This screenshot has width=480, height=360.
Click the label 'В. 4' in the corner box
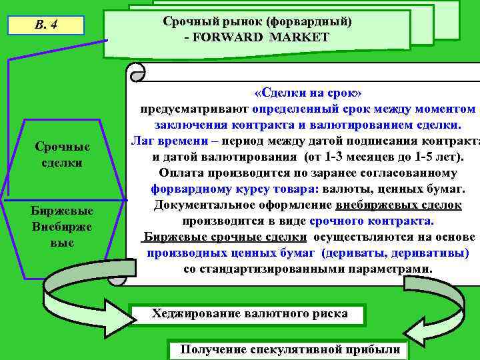tap(46, 26)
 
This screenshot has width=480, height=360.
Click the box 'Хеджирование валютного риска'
tap(249, 313)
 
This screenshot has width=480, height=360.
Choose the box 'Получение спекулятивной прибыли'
tap(290, 349)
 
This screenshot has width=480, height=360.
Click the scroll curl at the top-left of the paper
tap(137, 71)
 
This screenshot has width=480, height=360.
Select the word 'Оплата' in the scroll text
tap(181, 173)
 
